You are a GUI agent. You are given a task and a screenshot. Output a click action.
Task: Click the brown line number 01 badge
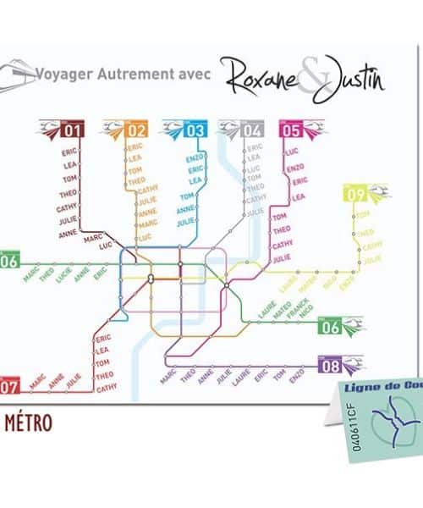tap(71, 130)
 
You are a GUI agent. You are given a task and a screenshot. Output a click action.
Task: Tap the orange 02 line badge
tap(137, 130)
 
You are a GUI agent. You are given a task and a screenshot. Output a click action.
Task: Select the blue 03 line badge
tap(195, 130)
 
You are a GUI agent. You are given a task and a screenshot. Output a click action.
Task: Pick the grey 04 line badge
tap(252, 130)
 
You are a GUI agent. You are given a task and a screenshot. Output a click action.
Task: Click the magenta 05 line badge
tap(291, 130)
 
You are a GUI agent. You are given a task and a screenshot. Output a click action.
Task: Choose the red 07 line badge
tap(9, 387)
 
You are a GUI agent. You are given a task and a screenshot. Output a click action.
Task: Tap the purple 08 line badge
tap(330, 367)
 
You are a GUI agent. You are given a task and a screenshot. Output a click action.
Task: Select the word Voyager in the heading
tap(64, 74)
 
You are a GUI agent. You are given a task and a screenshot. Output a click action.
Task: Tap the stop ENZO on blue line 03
tap(194, 158)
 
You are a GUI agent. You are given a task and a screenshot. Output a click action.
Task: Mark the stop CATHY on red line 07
tap(107, 388)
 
